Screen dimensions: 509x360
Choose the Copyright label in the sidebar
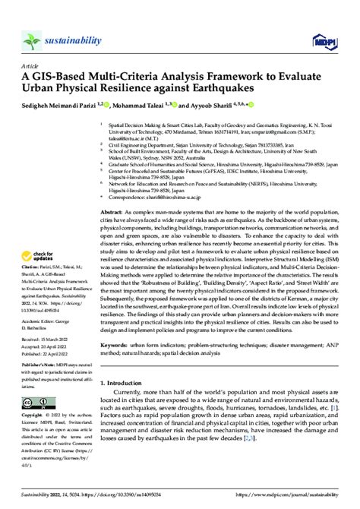pos(36,439)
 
